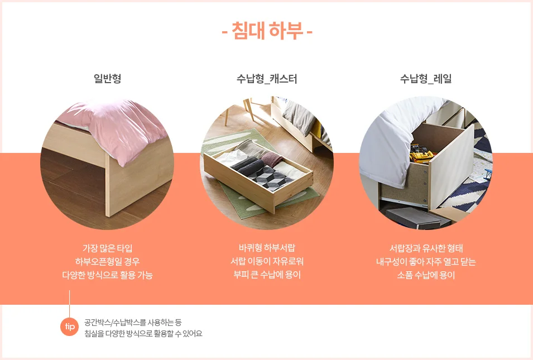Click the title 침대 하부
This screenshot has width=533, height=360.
267,31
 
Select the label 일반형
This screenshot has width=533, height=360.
107,79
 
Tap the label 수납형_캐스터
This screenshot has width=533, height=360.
267,79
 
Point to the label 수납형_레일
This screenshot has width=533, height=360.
426,79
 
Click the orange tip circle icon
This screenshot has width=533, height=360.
70,327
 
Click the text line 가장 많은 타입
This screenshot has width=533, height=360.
107,248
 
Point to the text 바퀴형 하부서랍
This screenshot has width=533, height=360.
267,248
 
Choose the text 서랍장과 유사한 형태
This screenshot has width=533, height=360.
426,248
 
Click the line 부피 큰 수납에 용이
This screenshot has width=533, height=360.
267,275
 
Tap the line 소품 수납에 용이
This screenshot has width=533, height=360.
426,275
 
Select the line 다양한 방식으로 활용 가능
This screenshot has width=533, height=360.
107,275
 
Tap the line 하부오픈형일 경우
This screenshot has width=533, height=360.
107,261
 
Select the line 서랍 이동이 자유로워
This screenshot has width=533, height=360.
267,261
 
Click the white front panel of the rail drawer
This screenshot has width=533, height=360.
452,166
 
